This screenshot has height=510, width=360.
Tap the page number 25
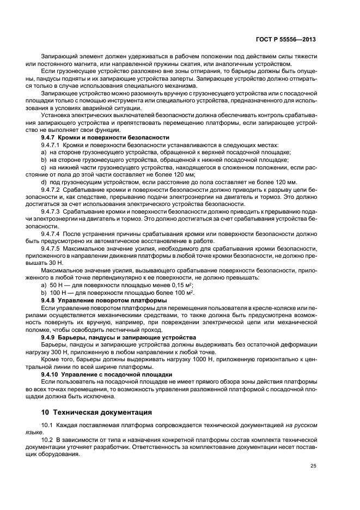pyautogui.click(x=313, y=465)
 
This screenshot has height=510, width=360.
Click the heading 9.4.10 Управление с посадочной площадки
pyautogui.click(x=107, y=374)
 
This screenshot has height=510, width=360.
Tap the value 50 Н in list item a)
pyautogui.click(x=56, y=285)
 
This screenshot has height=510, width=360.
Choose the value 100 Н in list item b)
pyautogui.click(x=57, y=293)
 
